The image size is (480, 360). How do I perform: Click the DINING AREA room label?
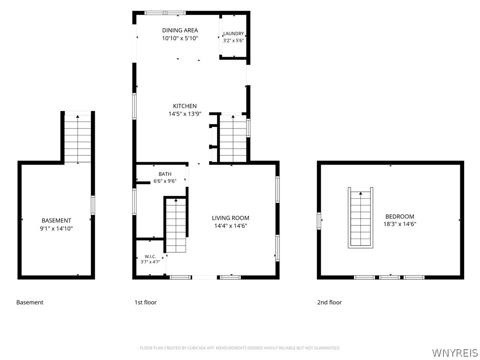coord(180,30)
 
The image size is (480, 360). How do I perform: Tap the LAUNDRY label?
coord(233,34)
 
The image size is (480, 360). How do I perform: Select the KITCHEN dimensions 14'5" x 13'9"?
coord(185,114)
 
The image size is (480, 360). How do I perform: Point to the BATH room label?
coord(165,174)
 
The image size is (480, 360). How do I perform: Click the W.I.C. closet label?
coord(150,256)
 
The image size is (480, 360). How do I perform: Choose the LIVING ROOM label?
coord(231,218)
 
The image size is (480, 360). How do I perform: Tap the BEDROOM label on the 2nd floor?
coord(400,217)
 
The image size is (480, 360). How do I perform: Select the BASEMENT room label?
coord(56,220)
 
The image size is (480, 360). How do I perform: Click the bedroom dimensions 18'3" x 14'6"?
coord(400,224)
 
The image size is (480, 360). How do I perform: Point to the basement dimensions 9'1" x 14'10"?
coord(56,228)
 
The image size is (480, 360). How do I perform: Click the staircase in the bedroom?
coord(360,217)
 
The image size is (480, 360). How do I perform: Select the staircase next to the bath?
coord(176,225)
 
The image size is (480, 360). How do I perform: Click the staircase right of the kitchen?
coord(233,138)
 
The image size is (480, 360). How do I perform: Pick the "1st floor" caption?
coord(145,302)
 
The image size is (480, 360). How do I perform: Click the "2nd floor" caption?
coord(330,302)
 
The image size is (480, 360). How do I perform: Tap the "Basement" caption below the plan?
coord(30,302)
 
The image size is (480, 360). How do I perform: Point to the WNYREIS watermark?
coord(455,352)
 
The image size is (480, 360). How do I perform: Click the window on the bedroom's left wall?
coord(319,220)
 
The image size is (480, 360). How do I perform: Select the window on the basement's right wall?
coord(93,205)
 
